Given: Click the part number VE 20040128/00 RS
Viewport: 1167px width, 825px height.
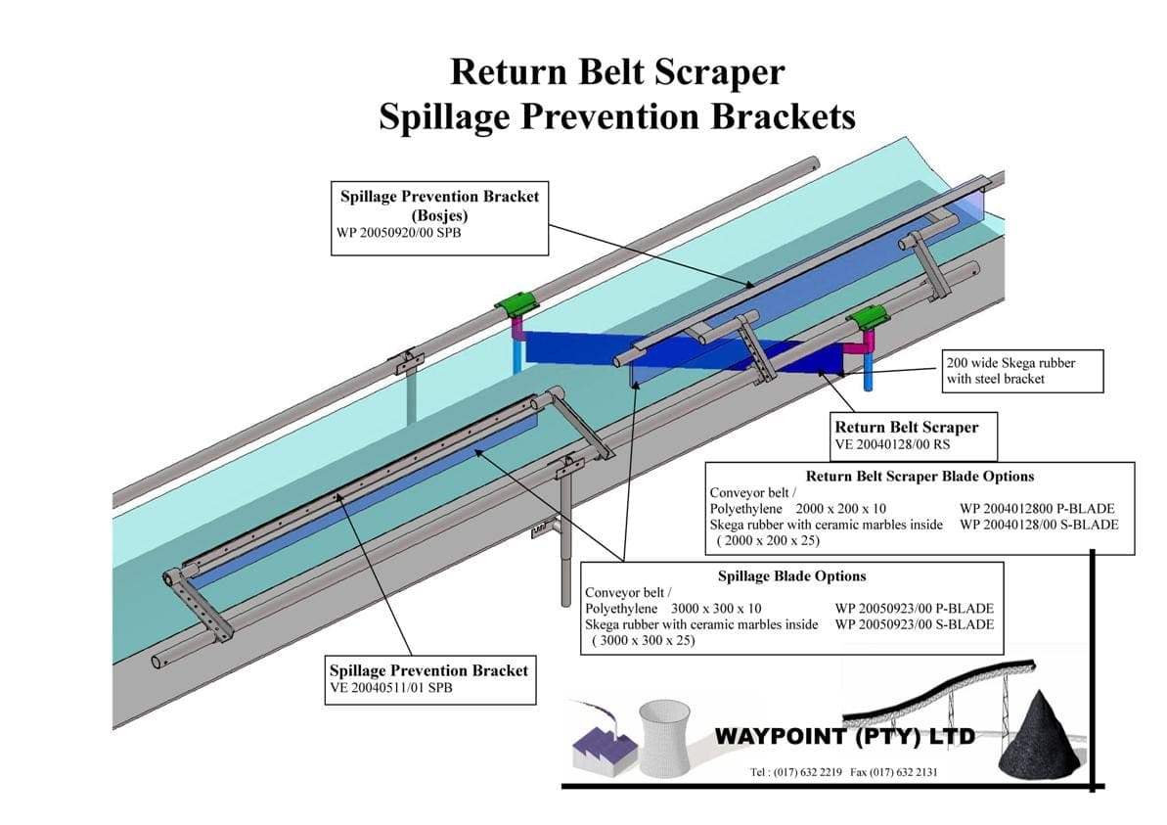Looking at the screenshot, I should pyautogui.click(x=891, y=443).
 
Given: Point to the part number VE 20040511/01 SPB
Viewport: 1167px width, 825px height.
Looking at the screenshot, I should pyautogui.click(x=390, y=687).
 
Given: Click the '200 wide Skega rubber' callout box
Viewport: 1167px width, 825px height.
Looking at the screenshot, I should pyautogui.click(x=1021, y=370).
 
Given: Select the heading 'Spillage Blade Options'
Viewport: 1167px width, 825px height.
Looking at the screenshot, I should pyautogui.click(x=791, y=576).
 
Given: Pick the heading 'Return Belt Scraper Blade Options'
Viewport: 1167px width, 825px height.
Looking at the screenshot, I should pyautogui.click(x=920, y=477).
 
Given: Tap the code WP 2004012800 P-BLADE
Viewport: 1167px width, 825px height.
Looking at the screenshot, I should pyautogui.click(x=1037, y=509).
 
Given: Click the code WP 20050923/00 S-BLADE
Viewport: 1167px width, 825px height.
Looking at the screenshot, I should pyautogui.click(x=914, y=624).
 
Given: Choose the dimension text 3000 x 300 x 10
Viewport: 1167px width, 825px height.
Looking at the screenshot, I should pyautogui.click(x=709, y=609).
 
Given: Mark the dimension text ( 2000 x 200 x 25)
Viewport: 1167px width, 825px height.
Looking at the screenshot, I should pyautogui.click(x=768, y=540).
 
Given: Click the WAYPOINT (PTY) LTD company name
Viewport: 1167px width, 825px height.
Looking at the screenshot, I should pyautogui.click(x=845, y=736).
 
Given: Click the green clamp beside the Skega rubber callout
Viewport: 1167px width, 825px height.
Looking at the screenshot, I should pyautogui.click(x=867, y=317).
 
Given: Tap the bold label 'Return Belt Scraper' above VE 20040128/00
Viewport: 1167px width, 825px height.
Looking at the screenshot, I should pyautogui.click(x=906, y=427).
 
